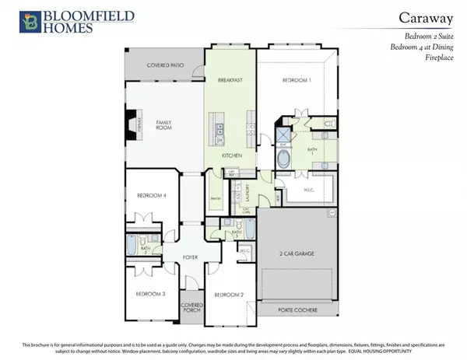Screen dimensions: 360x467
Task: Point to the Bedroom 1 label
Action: (296, 81)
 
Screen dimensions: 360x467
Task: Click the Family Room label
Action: (163, 125)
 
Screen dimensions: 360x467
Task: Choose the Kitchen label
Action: (231, 157)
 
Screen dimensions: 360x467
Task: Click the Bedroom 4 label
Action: (152, 195)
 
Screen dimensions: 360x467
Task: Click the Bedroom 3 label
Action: (151, 294)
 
